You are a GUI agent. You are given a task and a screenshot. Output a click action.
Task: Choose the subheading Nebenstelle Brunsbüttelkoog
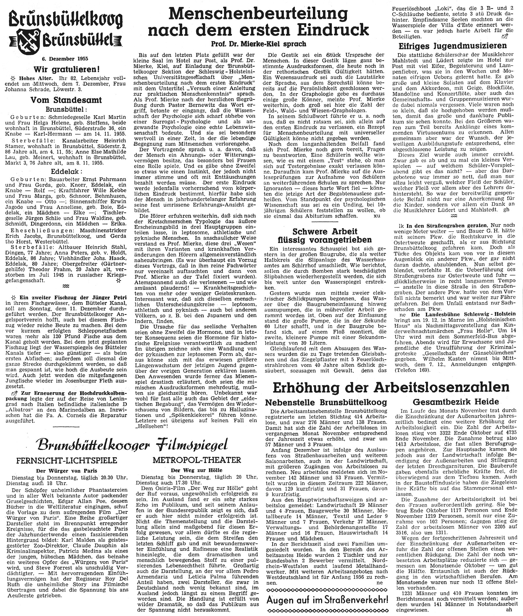326,402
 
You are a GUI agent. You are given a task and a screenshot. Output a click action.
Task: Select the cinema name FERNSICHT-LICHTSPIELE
67,460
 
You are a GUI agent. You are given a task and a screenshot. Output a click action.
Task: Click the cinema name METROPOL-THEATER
197,460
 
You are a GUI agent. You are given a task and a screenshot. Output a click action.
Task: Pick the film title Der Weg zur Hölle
197,470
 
